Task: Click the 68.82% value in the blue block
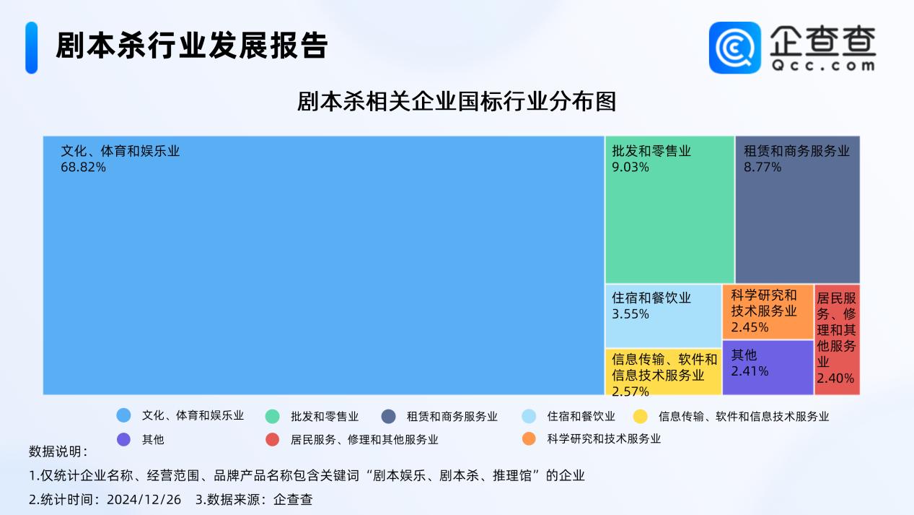coord(83,167)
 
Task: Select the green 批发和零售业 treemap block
coord(669,209)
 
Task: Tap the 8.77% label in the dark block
coord(763,167)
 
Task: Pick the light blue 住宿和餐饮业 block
coord(663,316)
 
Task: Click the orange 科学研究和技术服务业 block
coord(768,311)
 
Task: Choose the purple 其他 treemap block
coord(768,368)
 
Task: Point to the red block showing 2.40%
coord(837,339)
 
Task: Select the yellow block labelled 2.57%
coord(663,372)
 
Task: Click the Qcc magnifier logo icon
coord(735,48)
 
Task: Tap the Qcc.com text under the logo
coord(823,65)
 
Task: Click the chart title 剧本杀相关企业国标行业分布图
coord(457,101)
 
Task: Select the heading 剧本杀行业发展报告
coord(192,45)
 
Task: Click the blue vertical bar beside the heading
coord(32,48)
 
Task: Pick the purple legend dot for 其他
coord(123,439)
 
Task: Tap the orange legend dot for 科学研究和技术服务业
coord(529,438)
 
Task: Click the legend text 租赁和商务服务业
coord(452,417)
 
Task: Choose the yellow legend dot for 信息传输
coord(640,417)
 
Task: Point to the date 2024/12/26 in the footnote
coord(144,500)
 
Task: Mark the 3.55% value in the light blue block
coord(630,314)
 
